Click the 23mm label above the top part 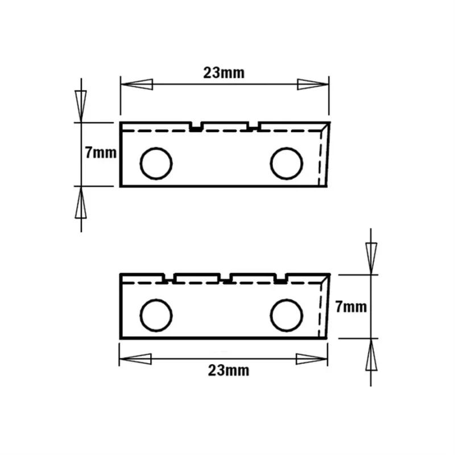[x=224, y=73]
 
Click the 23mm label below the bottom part [x=229, y=371]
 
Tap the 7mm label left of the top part [x=101, y=152]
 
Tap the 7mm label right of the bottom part [x=351, y=307]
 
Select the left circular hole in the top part [x=156, y=163]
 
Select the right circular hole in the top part [x=287, y=163]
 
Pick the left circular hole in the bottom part [x=156, y=315]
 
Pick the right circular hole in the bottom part [x=287, y=315]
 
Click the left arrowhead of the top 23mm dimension [x=136, y=84]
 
